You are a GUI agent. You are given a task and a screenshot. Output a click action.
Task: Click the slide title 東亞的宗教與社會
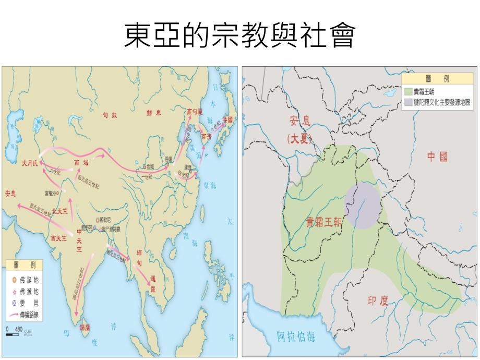[239, 36]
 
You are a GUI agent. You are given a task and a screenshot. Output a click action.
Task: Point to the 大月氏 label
[30, 163]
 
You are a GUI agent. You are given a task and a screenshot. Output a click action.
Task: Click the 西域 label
[81, 163]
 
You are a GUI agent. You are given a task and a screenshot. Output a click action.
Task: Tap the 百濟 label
[207, 137]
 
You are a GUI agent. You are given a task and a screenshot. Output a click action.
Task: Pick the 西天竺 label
[59, 238]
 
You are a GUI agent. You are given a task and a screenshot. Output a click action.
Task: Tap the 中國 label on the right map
[437, 157]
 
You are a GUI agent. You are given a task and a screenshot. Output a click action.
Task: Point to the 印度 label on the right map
[378, 301]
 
